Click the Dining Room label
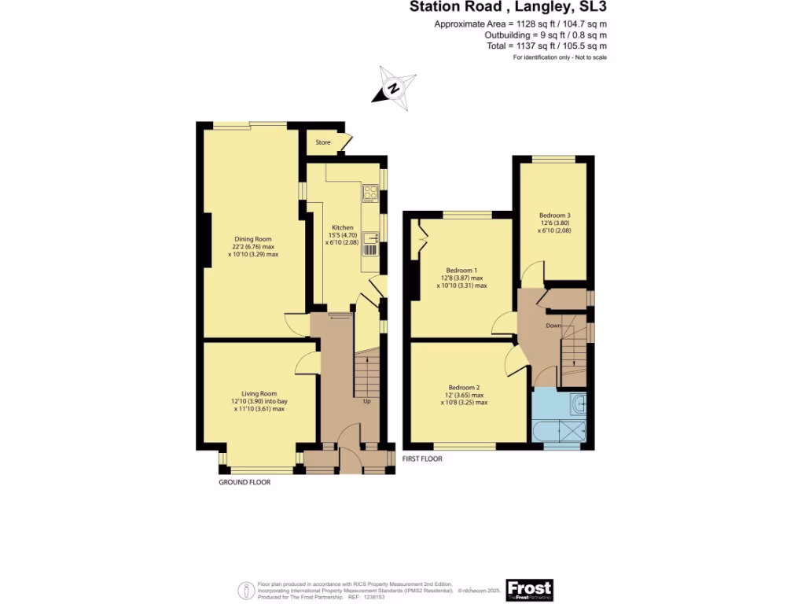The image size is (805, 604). [252, 239]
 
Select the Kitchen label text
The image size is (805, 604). [343, 227]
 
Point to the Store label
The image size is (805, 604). [322, 142]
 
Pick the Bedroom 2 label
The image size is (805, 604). [464, 388]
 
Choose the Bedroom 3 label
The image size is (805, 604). [554, 215]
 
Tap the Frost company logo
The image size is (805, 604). [529, 589]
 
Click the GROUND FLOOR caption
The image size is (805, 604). [244, 482]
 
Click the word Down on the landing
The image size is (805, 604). [553, 326]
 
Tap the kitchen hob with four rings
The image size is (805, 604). [370, 193]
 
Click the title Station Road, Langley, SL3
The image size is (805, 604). [508, 8]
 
